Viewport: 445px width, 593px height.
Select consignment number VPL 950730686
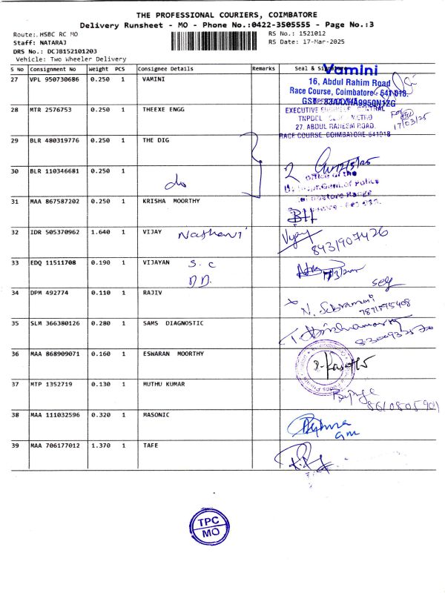pyautogui.click(x=54, y=79)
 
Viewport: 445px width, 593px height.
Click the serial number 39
pyautogui.click(x=14, y=445)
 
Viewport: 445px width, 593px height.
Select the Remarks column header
pyautogui.click(x=264, y=68)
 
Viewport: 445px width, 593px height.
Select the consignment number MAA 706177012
pyautogui.click(x=54, y=445)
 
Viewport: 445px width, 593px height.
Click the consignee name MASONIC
pyautogui.click(x=156, y=414)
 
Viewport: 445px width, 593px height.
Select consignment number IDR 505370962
pyautogui.click(x=54, y=232)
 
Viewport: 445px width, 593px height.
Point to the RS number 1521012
pyautogui.click(x=312, y=33)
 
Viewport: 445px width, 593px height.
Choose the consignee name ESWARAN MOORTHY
pyautogui.click(x=172, y=354)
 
